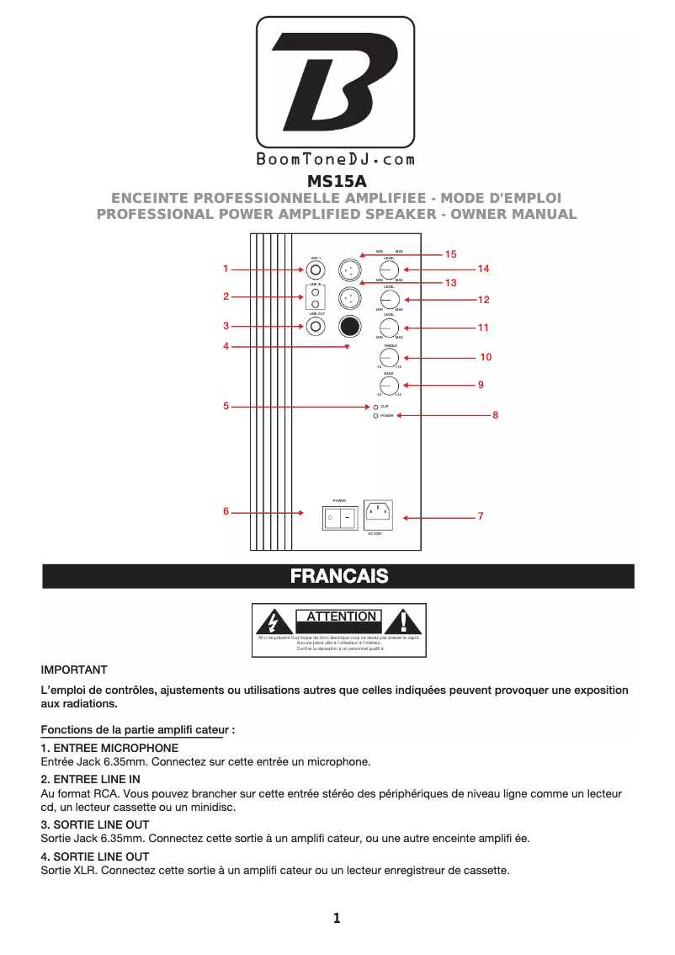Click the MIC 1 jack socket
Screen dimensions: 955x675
(x=315, y=269)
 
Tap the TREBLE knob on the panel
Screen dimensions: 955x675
(x=389, y=357)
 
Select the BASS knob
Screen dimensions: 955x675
(x=389, y=385)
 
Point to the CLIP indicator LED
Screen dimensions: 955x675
(x=375, y=406)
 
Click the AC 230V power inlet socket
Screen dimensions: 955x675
(x=379, y=514)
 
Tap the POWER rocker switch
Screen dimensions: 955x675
(x=338, y=518)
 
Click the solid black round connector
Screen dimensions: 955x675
(x=349, y=326)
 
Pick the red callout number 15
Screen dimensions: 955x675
(x=450, y=253)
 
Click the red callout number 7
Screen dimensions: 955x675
(x=480, y=515)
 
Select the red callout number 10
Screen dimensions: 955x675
(x=486, y=357)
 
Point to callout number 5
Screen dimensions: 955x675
(x=226, y=406)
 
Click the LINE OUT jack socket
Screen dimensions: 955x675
(x=315, y=326)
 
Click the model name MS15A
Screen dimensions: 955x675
(x=337, y=181)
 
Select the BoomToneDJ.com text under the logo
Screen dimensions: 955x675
(x=335, y=159)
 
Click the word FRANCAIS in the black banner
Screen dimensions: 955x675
(x=338, y=576)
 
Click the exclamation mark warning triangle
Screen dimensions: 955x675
(x=403, y=623)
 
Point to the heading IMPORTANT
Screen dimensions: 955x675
(x=74, y=670)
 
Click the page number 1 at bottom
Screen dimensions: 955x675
(x=337, y=919)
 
